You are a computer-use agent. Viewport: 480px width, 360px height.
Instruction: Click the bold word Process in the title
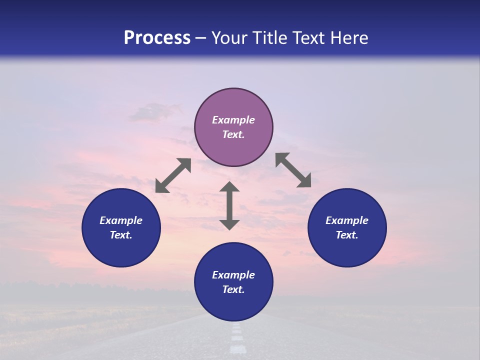157,38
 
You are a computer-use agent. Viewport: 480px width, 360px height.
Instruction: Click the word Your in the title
230,38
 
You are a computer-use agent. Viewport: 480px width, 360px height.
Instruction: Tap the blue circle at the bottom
233,305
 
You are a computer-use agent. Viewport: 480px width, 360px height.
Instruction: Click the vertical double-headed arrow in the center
229,206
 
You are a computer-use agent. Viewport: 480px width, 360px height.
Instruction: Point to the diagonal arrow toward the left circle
173,175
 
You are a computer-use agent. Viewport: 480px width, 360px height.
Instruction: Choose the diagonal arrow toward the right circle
293,170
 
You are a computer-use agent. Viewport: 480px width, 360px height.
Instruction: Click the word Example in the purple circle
233,120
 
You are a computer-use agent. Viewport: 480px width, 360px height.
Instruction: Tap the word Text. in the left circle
121,235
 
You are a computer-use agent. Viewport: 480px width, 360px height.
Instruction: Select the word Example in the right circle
347,220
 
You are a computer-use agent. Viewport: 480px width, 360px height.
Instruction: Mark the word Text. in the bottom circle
233,289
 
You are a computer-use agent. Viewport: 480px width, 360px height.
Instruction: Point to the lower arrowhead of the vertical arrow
229,224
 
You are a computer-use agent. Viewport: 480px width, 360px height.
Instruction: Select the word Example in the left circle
121,220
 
